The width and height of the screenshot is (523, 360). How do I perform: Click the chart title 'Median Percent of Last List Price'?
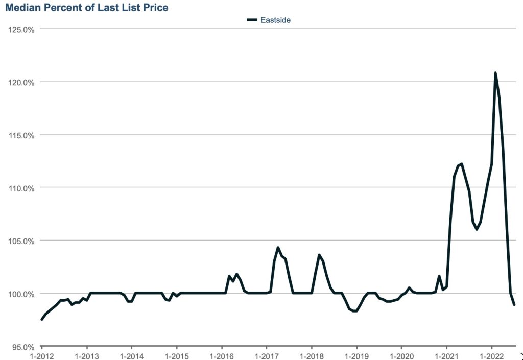click(x=86, y=8)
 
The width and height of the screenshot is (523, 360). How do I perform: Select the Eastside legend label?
click(x=275, y=20)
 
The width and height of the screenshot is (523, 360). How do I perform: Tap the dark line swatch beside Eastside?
click(x=252, y=20)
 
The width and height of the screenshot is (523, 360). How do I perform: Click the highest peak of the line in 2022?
click(x=495, y=73)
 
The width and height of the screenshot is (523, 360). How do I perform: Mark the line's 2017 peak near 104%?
click(x=278, y=248)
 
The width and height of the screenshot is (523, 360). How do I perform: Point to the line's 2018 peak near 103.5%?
click(x=319, y=255)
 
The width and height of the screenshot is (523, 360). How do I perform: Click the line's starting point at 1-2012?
click(x=42, y=319)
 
